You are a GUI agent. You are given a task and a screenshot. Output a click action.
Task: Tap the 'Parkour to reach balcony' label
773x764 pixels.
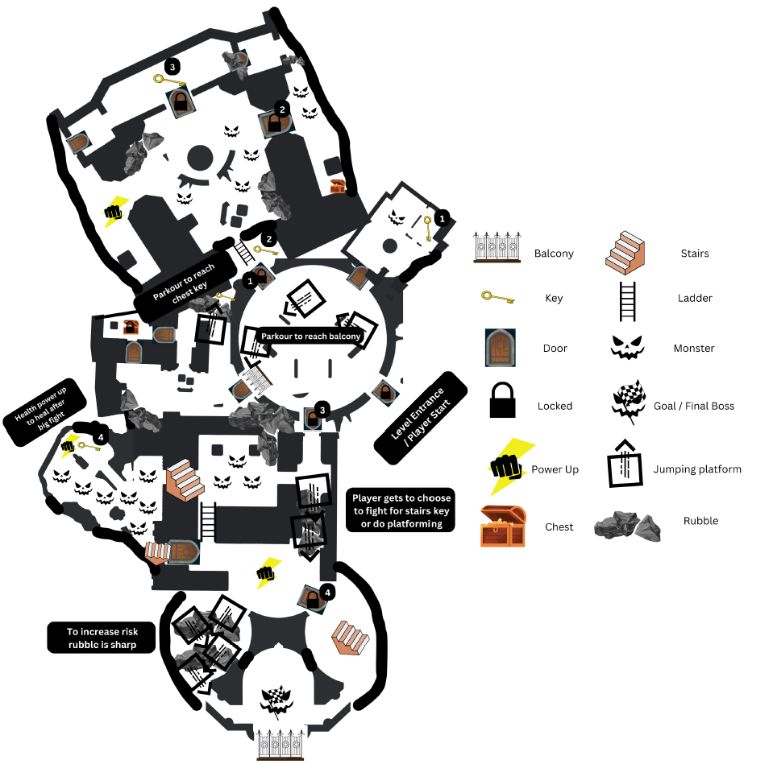point(310,336)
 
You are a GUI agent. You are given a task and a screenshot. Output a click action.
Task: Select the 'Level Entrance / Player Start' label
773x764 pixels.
point(421,419)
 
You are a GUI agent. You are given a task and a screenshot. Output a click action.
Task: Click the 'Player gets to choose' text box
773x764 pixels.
point(400,510)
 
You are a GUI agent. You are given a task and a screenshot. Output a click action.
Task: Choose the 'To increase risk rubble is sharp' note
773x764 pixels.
point(100,638)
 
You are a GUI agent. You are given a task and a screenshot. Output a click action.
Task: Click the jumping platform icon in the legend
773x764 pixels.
point(626,465)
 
